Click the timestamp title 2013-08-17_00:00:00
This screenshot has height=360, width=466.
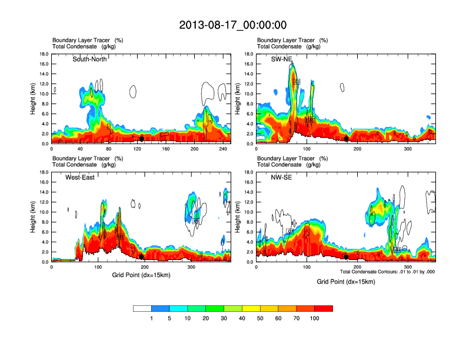point(232,25)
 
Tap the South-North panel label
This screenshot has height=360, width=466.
point(89,59)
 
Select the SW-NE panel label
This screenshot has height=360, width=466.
point(281,59)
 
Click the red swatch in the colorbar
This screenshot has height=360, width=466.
point(324,308)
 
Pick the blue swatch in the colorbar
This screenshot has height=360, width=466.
point(160,308)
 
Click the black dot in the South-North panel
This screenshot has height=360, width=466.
point(142,138)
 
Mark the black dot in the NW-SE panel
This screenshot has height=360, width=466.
point(347,256)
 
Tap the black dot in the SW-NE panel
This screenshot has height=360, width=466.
point(347,139)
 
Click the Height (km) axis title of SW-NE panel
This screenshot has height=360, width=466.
point(238,99)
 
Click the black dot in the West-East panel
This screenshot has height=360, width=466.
point(141,256)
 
